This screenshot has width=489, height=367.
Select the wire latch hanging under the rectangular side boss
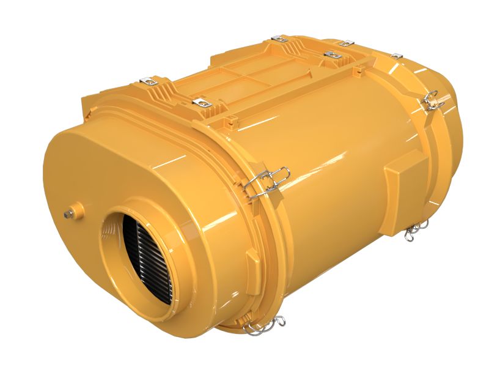pyautogui.click(x=415, y=229)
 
